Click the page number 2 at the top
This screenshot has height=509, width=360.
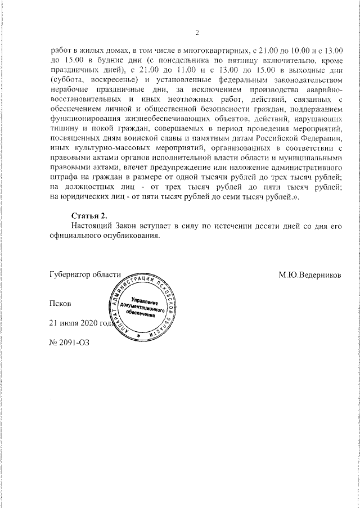[x=197, y=32]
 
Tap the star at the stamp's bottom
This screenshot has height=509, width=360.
[x=138, y=336]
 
